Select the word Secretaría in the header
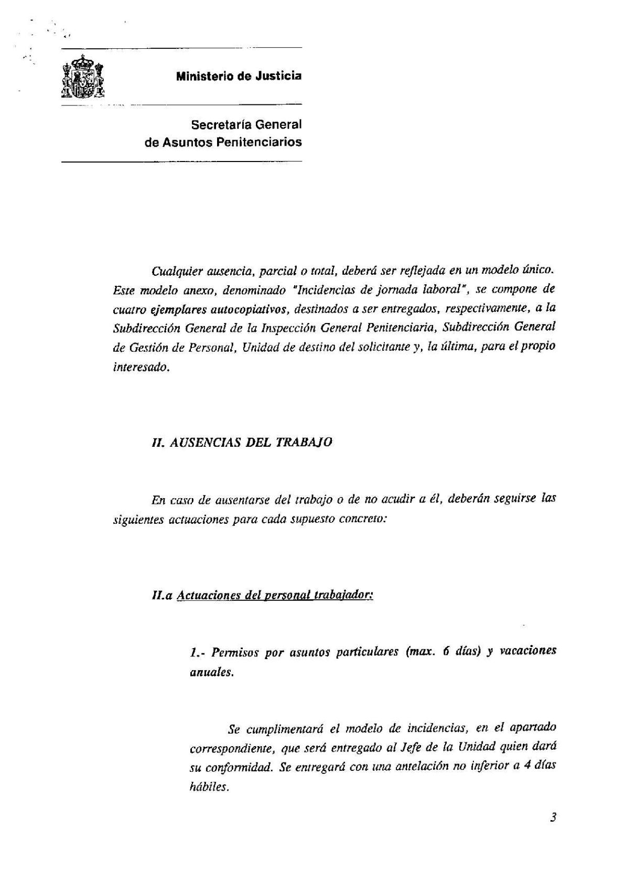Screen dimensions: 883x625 coord(219,125)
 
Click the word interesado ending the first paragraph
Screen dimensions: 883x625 coord(141,368)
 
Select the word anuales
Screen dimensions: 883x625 coord(211,672)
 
